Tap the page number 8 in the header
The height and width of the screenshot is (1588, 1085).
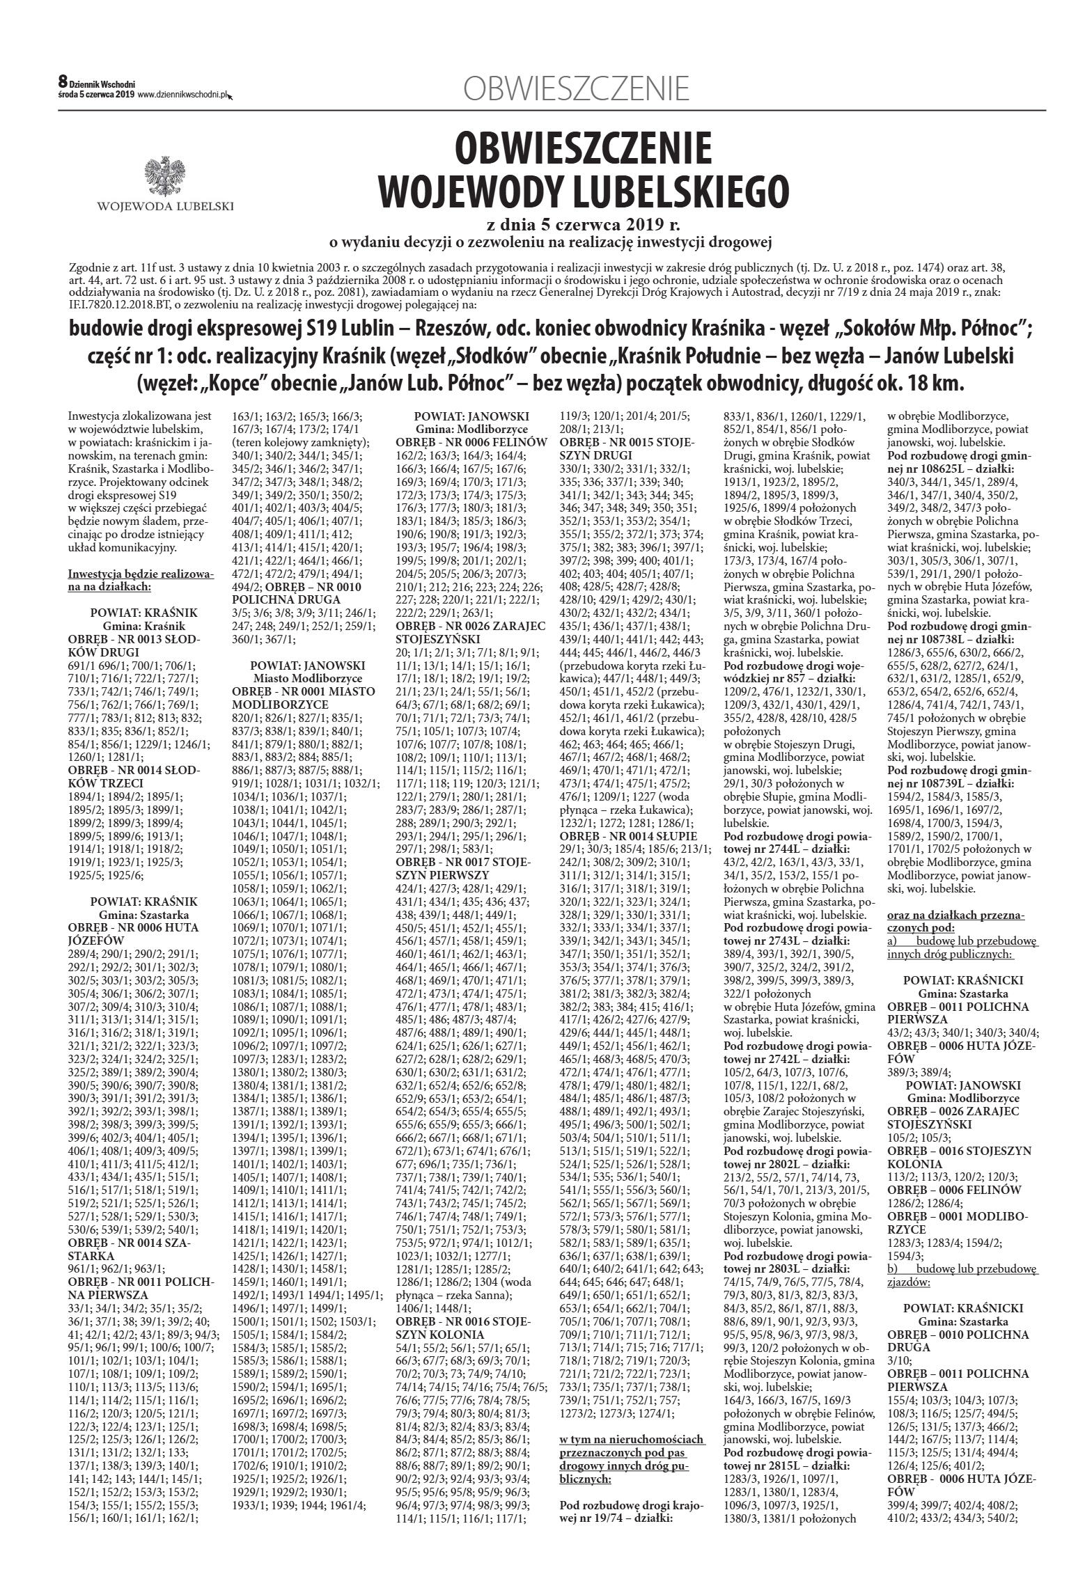[x=62, y=83]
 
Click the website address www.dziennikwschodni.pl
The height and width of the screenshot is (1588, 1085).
[x=183, y=95]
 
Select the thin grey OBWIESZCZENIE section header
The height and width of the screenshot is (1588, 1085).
[x=576, y=89]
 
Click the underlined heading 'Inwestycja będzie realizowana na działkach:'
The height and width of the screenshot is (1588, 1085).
[x=141, y=581]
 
